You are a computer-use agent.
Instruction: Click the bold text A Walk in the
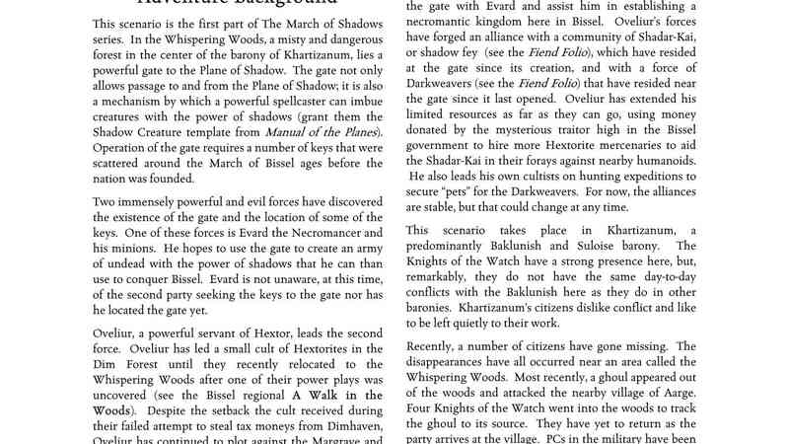tap(318, 395)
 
